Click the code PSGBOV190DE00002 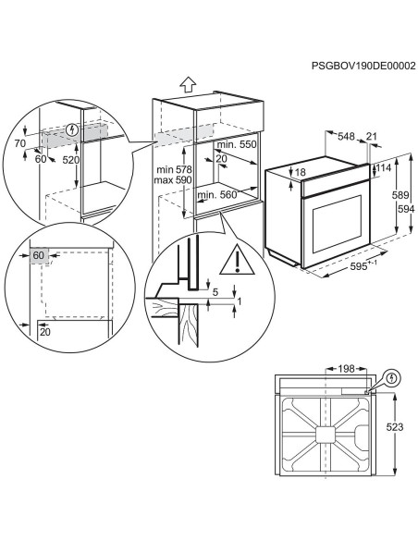tap(363, 66)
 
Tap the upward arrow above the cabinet tap(188, 84)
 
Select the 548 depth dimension tap(346, 136)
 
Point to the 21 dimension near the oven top tap(372, 136)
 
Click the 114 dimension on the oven tap(384, 167)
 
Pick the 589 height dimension tap(400, 195)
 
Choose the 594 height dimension tap(406, 209)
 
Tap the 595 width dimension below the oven tap(359, 266)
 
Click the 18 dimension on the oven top tap(301, 172)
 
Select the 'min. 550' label tap(237, 144)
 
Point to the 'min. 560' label tap(217, 195)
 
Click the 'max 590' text tap(173, 179)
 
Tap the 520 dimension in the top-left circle tap(71, 160)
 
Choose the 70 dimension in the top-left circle tap(20, 143)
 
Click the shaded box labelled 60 tap(39, 255)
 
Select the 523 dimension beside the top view tap(394, 427)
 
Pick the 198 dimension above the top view tap(346, 369)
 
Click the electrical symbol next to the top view tap(392, 378)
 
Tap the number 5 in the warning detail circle tap(215, 292)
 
